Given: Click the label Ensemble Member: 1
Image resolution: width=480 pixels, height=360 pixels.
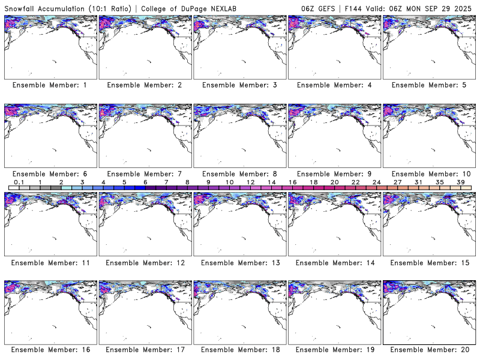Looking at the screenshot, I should tap(50, 85).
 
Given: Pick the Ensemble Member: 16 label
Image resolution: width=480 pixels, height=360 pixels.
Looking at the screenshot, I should tap(50, 350).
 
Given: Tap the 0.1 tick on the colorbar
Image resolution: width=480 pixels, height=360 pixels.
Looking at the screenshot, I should tap(19, 182).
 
